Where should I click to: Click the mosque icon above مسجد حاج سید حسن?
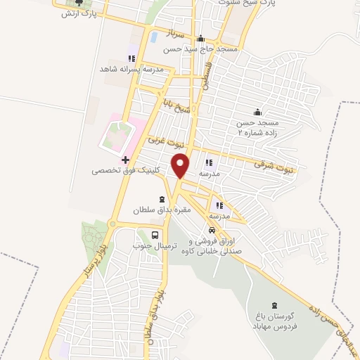(x=201, y=39)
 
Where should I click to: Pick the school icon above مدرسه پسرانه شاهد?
(x=130, y=58)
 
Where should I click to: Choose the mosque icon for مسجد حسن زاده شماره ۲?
(x=257, y=111)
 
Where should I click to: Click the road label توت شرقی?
(x=273, y=166)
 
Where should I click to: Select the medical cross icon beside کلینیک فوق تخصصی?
(x=125, y=160)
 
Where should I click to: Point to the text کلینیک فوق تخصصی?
(x=126, y=171)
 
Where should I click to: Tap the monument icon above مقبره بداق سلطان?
(x=163, y=199)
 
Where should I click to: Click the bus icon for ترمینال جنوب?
(x=154, y=234)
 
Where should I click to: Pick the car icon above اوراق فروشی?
(x=211, y=231)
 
